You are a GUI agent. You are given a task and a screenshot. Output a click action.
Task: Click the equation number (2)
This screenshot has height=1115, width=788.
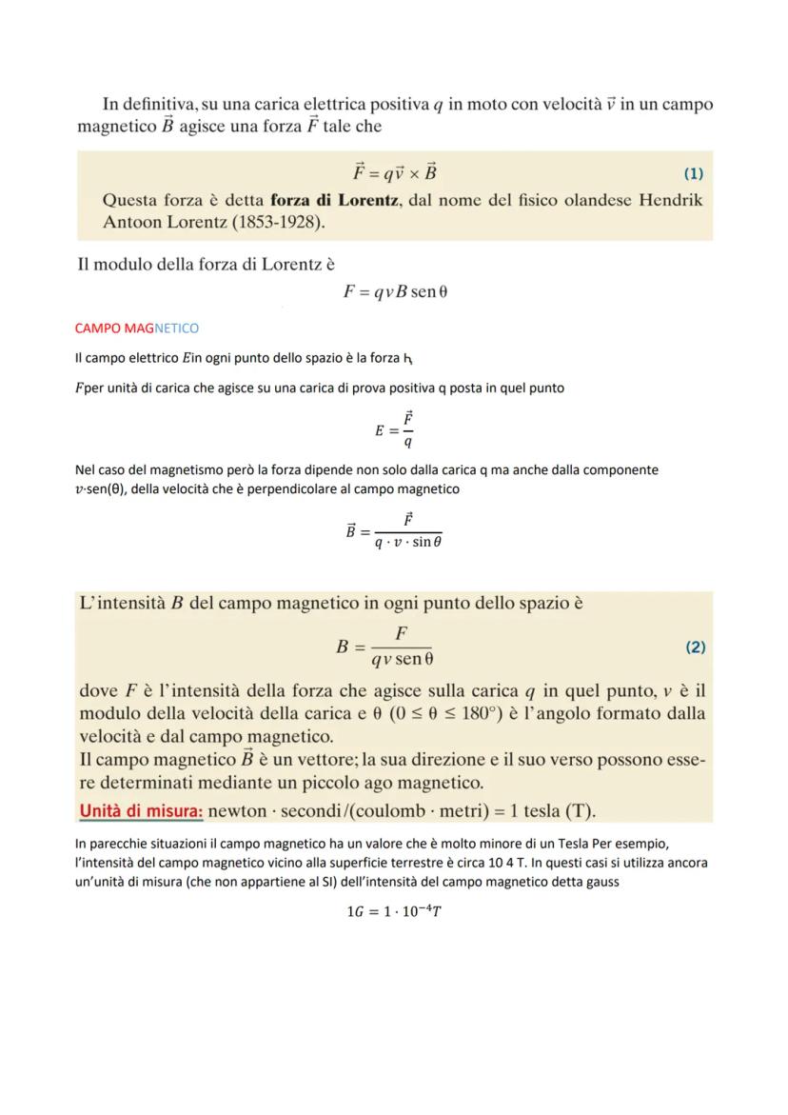pyautogui.click(x=695, y=647)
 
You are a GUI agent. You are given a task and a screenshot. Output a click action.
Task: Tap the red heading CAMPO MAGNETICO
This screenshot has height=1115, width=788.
pyautogui.click(x=136, y=329)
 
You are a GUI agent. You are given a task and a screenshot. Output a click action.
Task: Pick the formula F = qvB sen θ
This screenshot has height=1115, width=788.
pyautogui.click(x=395, y=291)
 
